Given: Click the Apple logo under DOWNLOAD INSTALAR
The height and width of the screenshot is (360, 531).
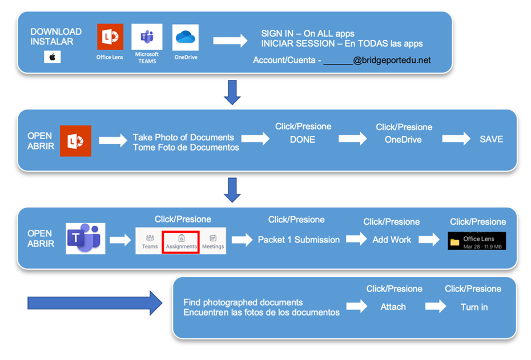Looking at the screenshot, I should (52, 57).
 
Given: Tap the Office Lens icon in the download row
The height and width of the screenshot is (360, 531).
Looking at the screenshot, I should (110, 37).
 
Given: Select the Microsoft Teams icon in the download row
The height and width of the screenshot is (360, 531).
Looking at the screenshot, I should (147, 37).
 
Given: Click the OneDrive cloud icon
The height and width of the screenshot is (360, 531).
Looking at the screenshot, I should (186, 37).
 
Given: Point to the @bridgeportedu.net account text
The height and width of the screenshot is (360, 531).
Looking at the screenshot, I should (392, 60).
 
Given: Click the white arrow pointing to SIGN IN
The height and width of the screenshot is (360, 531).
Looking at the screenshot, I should (230, 41).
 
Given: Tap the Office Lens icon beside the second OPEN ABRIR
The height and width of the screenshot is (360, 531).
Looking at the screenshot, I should (75, 141).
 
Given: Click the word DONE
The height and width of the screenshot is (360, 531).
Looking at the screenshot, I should (303, 139).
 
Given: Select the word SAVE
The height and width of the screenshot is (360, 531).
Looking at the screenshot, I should (491, 139).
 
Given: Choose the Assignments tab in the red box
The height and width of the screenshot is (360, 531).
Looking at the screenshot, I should (181, 241).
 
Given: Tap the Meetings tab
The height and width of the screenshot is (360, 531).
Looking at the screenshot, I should (213, 241).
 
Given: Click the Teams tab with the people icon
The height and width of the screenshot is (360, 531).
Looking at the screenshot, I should (150, 241).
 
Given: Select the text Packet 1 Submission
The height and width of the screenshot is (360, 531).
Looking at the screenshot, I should (299, 240).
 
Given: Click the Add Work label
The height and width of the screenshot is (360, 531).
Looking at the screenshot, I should (392, 240).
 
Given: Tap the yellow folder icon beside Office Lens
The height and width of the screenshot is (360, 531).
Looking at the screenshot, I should (455, 242).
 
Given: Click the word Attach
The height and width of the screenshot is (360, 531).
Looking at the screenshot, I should (393, 307).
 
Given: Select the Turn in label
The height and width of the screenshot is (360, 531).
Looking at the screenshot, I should (474, 307).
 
